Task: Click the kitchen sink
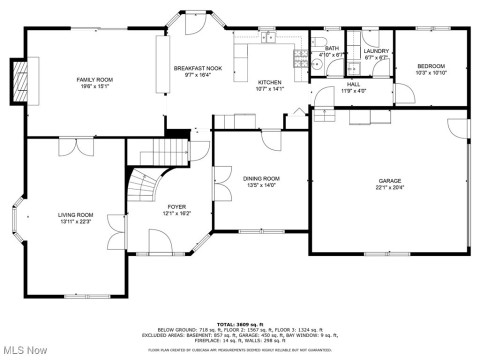click(267, 39)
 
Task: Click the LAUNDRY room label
click(376, 51)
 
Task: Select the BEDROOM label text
click(430, 66)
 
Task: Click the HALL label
click(353, 84)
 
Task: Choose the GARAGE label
click(389, 181)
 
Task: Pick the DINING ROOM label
click(261, 178)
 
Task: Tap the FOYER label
click(176, 207)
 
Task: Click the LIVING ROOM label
click(75, 214)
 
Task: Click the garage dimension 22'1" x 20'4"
click(389, 188)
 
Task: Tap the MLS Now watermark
click(26, 349)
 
